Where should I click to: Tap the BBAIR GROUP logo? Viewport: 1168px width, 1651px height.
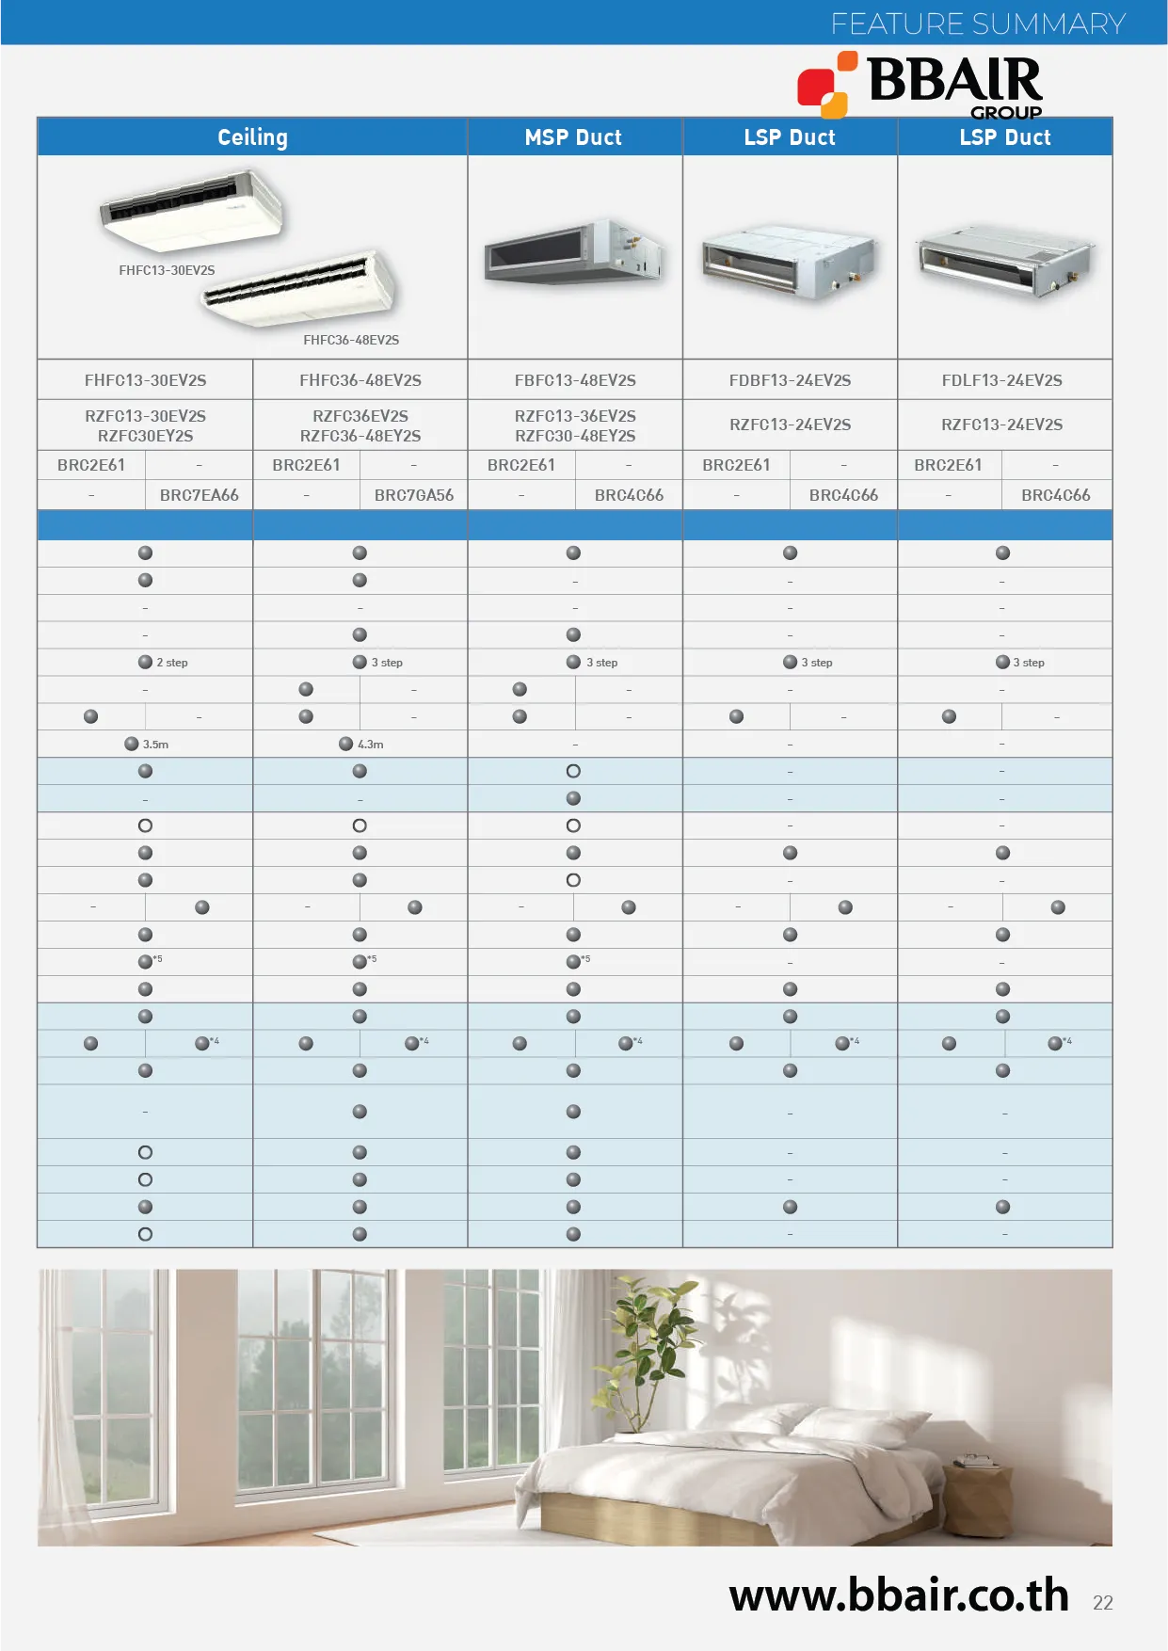pyautogui.click(x=920, y=85)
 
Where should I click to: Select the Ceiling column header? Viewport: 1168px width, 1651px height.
pyautogui.click(x=252, y=137)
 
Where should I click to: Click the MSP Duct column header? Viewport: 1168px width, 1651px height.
pyautogui.click(x=573, y=137)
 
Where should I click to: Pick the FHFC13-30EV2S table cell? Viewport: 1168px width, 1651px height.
pyautogui.click(x=145, y=380)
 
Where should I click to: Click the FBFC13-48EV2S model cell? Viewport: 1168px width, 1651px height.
pyautogui.click(x=575, y=380)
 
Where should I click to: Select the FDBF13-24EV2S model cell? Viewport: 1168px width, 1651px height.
pyautogui.click(x=790, y=380)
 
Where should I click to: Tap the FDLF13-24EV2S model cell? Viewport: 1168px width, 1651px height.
pyautogui.click(x=1002, y=380)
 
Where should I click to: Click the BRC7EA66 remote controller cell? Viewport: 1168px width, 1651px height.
pyautogui.click(x=199, y=495)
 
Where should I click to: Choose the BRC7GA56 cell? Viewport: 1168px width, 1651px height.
pyautogui.click(x=413, y=495)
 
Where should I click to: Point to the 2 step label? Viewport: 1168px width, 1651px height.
pyautogui.click(x=171, y=663)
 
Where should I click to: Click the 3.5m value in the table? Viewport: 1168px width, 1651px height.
pyautogui.click(x=155, y=745)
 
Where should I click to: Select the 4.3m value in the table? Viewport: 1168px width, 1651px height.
pyautogui.click(x=370, y=745)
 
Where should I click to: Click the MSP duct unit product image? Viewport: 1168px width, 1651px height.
pyautogui.click(x=573, y=252)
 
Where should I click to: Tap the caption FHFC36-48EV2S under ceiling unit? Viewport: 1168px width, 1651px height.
pyautogui.click(x=351, y=340)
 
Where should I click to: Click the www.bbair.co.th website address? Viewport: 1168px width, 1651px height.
pyautogui.click(x=898, y=1595)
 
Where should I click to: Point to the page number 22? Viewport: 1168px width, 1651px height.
pyautogui.click(x=1103, y=1603)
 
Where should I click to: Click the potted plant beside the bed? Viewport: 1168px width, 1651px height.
pyautogui.click(x=649, y=1355)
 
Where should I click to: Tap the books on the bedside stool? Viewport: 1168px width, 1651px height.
pyautogui.click(x=976, y=1461)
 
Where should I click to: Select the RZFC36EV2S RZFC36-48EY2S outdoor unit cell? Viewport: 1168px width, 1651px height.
pyautogui.click(x=360, y=425)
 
